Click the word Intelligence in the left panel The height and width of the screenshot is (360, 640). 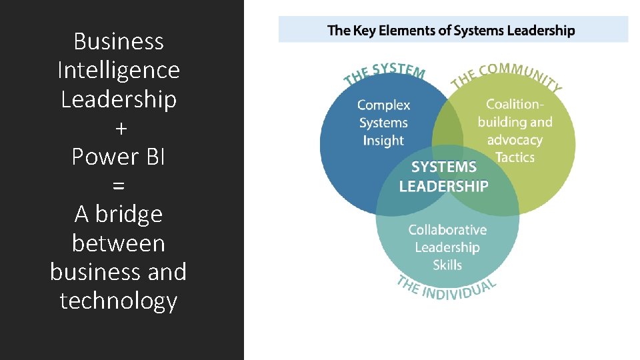point(119,70)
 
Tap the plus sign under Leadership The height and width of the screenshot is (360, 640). point(119,128)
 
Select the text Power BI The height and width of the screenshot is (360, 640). point(119,156)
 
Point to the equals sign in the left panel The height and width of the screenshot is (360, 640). point(119,185)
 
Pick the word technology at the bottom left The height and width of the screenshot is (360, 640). point(119,301)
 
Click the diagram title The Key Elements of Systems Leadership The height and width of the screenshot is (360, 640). point(451,30)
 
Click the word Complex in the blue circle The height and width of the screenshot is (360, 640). point(383,105)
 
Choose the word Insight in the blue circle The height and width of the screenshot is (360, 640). point(383,140)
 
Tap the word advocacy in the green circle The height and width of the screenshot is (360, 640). point(515,140)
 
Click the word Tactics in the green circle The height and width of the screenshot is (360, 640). point(515,157)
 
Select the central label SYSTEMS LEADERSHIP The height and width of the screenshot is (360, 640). point(444,177)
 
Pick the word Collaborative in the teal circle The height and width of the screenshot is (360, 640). point(447,230)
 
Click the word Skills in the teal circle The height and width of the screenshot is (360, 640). point(447,265)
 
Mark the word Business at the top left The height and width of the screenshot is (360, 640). point(119,41)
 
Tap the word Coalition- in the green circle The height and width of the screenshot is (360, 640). point(515,104)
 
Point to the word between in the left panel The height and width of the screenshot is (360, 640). point(119,243)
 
